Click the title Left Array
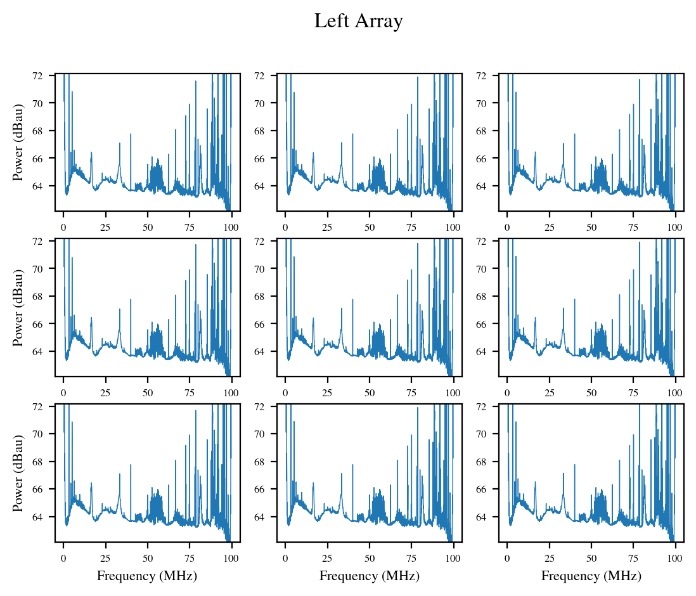click(358, 22)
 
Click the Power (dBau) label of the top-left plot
click(18, 142)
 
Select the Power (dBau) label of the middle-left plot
click(18, 308)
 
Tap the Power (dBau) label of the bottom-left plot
click(18, 474)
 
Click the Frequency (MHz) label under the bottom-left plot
click(147, 576)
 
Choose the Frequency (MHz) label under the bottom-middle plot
click(369, 576)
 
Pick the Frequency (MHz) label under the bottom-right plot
click(591, 576)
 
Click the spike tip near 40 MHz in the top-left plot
click(131, 134)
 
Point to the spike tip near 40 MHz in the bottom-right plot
click(574, 465)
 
